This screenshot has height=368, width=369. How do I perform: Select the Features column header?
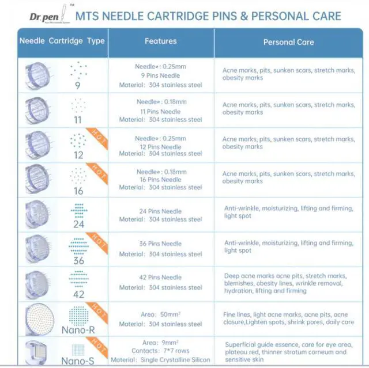point(160,41)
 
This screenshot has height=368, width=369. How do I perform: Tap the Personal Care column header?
point(288,42)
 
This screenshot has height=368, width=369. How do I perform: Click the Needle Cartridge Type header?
point(62,41)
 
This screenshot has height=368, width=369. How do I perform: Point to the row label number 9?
point(78,86)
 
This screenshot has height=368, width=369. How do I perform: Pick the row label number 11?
point(78,120)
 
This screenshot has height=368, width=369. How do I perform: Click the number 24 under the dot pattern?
point(78,225)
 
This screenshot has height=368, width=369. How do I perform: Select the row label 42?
point(78,294)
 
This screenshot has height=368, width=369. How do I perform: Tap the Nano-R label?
point(78,330)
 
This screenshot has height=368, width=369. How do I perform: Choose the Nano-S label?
point(78,361)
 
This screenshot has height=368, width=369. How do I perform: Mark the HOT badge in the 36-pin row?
point(99,241)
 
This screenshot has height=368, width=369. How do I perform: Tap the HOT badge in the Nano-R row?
point(99,312)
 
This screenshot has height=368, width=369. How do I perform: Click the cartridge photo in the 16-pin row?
point(37,179)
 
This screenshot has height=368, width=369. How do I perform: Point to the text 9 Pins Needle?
point(161,75)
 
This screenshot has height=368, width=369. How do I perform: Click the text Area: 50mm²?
point(161,314)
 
